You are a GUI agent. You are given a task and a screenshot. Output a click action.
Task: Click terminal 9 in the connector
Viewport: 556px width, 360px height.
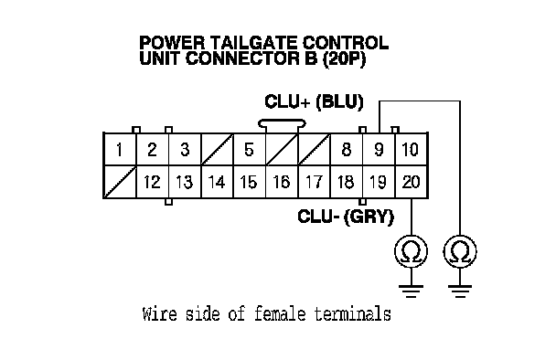[x=379, y=149]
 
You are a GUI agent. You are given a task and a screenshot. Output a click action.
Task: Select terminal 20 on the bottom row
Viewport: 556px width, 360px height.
[x=412, y=182]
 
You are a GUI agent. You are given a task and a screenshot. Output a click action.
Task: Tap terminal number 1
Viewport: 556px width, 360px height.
[x=120, y=149]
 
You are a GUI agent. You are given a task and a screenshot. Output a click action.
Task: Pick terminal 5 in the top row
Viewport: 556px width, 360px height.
[x=250, y=149]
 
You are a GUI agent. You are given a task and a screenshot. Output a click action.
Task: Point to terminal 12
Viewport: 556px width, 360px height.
[x=153, y=182]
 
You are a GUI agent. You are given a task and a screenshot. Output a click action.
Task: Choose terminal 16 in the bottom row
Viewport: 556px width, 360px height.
[x=282, y=182]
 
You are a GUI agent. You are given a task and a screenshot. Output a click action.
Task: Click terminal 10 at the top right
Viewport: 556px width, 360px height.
[x=412, y=149]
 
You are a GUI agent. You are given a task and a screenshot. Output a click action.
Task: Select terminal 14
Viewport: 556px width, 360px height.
[x=217, y=182]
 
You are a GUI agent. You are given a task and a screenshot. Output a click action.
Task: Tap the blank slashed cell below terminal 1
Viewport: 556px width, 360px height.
[x=120, y=182]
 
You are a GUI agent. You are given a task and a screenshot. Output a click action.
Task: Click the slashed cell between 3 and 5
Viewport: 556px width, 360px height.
[x=217, y=149]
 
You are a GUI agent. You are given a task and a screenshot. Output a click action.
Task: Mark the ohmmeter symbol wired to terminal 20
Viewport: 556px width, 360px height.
[x=412, y=251]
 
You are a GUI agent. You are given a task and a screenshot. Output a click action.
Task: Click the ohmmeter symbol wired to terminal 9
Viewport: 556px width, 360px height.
[x=460, y=251]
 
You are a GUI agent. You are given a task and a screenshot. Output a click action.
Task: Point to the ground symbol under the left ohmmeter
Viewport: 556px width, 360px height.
[x=412, y=291]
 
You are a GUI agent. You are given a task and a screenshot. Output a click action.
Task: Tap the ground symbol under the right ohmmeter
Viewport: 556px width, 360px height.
[x=460, y=291]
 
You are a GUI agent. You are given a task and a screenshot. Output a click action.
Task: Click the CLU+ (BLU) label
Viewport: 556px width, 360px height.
[x=315, y=102]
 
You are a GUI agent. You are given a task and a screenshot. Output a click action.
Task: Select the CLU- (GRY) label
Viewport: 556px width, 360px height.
[x=346, y=217]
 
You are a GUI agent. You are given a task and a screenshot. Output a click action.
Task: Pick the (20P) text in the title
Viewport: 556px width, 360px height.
[x=344, y=58]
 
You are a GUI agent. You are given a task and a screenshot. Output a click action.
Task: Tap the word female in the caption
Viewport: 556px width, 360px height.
[x=280, y=314]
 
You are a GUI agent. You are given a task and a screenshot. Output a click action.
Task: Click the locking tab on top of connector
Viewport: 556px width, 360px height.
[x=282, y=123]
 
